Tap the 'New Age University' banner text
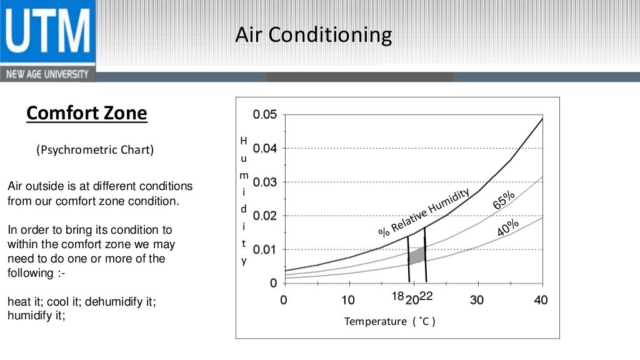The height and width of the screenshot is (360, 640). coord(47,74)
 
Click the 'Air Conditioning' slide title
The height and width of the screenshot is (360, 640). coord(313,35)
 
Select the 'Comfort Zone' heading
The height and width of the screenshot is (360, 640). coord(87,113)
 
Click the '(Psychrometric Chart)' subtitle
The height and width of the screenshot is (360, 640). coord(94,150)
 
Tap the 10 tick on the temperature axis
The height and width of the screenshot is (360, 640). coord(348,300)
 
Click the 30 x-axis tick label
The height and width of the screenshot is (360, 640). coord(477,300)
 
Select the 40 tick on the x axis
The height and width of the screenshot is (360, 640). coord(541,300)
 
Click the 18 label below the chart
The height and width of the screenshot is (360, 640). coord(398,296)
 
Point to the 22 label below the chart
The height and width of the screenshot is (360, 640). coord(426,296)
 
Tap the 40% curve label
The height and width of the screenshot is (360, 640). coord(507,228)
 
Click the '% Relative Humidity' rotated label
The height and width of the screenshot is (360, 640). coord(424,212)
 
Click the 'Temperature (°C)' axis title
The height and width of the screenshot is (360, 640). coord(389,321)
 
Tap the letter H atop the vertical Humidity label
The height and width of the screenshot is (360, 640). coord(244,141)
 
